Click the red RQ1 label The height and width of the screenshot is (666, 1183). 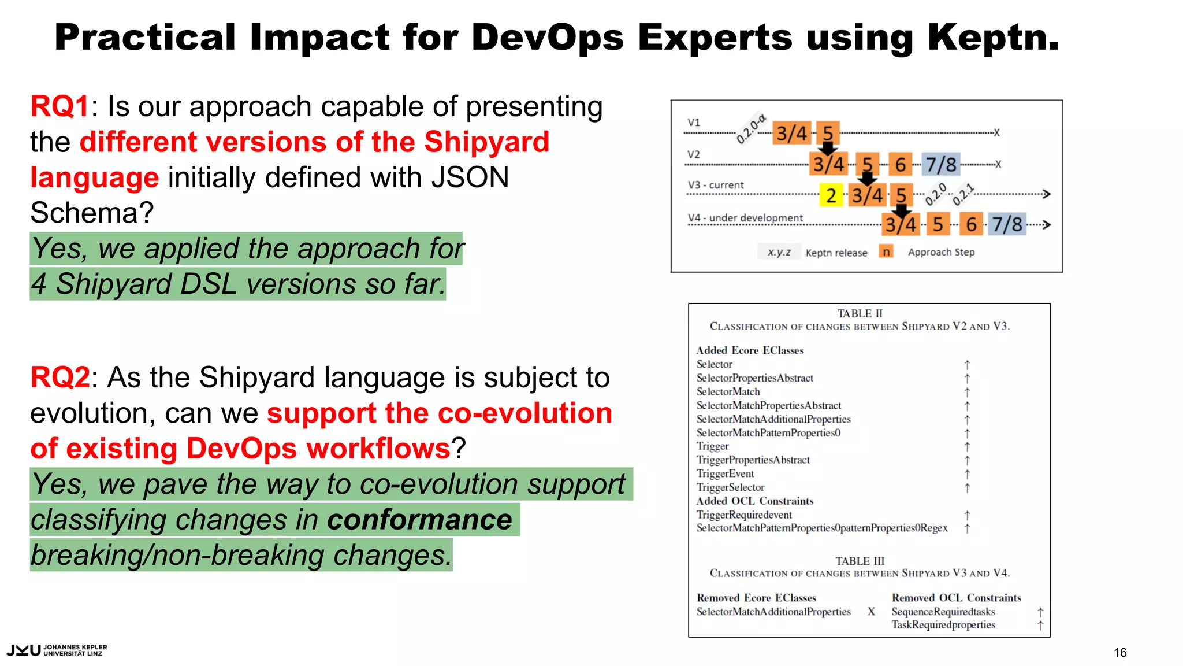(59, 107)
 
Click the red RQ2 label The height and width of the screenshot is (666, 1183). (59, 378)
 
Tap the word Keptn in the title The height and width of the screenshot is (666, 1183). (993, 38)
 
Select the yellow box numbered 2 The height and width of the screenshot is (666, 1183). (831, 195)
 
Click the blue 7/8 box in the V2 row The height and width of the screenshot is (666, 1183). (941, 165)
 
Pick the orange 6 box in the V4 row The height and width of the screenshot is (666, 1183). (971, 224)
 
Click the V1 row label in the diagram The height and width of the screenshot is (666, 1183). (694, 123)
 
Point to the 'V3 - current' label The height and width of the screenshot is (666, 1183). (716, 185)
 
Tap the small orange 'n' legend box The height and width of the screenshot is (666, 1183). (886, 251)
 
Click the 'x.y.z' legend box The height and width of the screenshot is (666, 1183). (779, 252)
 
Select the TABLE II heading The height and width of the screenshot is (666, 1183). (860, 313)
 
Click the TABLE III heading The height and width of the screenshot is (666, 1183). (860, 561)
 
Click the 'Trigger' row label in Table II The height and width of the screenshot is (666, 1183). (712, 446)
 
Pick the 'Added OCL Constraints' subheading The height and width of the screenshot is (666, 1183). (754, 501)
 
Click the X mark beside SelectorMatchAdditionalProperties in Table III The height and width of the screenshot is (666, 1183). (871, 612)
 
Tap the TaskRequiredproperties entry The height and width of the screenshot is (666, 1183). (943, 625)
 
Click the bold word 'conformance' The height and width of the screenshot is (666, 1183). (419, 520)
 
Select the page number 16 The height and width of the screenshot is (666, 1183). (1119, 653)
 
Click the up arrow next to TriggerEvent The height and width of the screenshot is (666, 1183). (967, 474)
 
